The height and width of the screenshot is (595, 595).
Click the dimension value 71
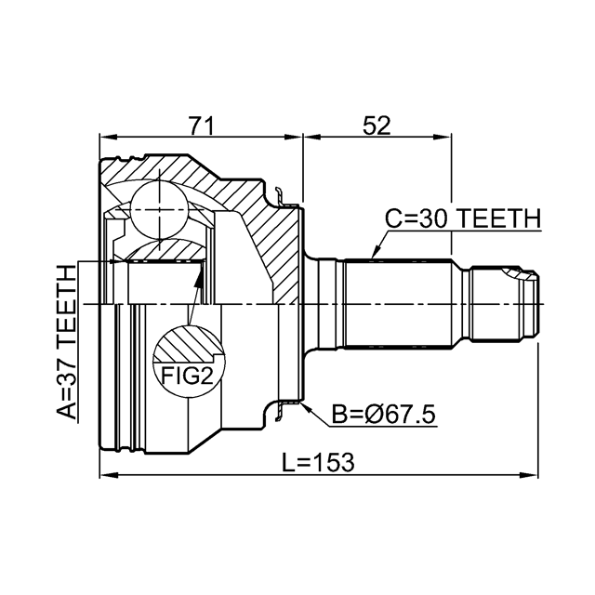pyautogui.click(x=202, y=126)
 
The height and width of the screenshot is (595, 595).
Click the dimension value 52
pyautogui.click(x=377, y=126)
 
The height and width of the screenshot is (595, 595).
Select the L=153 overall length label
pyautogui.click(x=318, y=463)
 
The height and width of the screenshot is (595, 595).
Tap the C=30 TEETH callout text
pyautogui.click(x=463, y=219)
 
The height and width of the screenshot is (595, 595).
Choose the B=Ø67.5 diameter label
pyautogui.click(x=383, y=415)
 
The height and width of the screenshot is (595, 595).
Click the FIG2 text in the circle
pyautogui.click(x=188, y=376)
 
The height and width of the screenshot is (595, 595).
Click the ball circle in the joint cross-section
pyautogui.click(x=159, y=210)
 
